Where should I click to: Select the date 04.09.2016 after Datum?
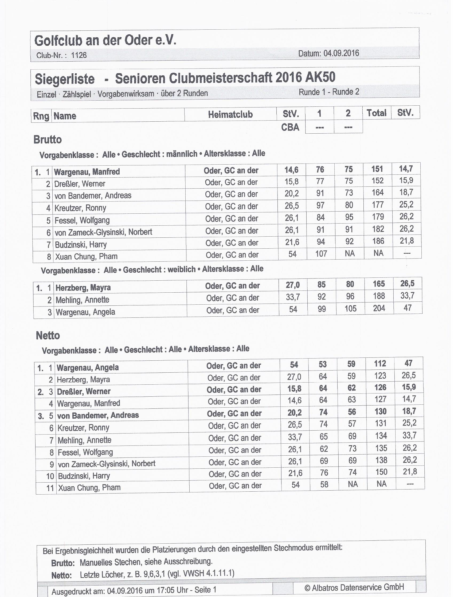[x=341, y=53]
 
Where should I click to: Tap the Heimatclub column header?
[x=230, y=114]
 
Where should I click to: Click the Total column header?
[x=377, y=113]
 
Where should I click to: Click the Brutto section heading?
[x=48, y=140]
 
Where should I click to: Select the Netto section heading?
[x=48, y=336]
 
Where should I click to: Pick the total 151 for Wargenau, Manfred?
[x=377, y=169]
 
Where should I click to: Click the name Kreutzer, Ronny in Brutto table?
[x=80, y=208]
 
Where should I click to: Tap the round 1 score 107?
[x=321, y=254]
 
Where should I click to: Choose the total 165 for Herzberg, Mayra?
[x=379, y=284]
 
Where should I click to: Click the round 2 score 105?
[x=350, y=308]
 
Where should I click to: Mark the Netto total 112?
[x=380, y=364]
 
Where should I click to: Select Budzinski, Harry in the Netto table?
[x=84, y=476]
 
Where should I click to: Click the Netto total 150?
[x=381, y=472]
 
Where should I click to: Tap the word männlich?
[x=182, y=154]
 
